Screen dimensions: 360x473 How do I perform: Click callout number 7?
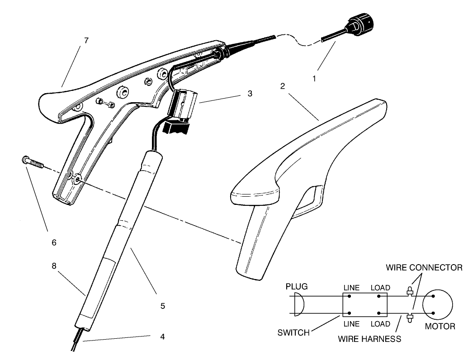tap(86, 41)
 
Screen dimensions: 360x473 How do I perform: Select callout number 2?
tap(282, 86)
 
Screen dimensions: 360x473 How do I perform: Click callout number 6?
tap(54, 242)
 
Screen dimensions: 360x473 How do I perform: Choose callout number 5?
tap(162, 306)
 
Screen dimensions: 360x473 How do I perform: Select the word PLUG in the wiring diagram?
tap(296, 287)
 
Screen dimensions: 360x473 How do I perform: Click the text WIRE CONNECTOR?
tap(424, 268)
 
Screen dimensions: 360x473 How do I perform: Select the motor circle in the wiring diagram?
tap(437, 306)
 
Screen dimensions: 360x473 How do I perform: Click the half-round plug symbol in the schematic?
tap(298, 304)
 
